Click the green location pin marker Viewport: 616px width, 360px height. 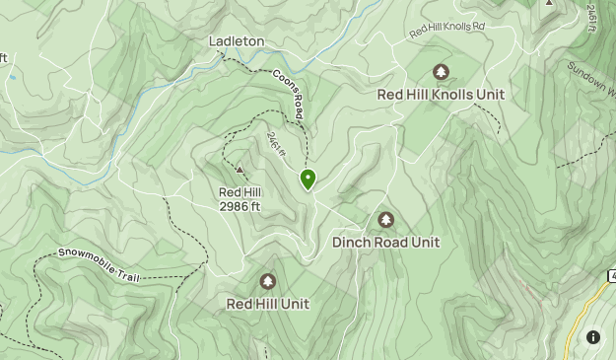pos(308,179)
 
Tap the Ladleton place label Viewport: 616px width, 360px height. pos(237,41)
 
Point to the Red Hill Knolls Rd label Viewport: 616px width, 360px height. pos(447,31)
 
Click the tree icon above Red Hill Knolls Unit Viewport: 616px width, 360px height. pos(441,72)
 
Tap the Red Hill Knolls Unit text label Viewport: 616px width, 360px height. pos(441,95)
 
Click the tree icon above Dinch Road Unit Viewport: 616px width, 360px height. pos(385,220)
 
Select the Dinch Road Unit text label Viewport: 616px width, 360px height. pos(385,242)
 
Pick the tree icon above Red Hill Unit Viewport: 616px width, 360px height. pos(267,282)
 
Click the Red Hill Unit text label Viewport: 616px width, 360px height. pos(267,304)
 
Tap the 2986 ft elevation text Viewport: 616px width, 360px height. pos(240,207)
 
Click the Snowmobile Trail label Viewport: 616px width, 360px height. pos(99,264)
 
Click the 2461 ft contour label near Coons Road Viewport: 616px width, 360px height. pos(275,149)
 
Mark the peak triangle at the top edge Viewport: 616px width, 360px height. pos(549,3)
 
